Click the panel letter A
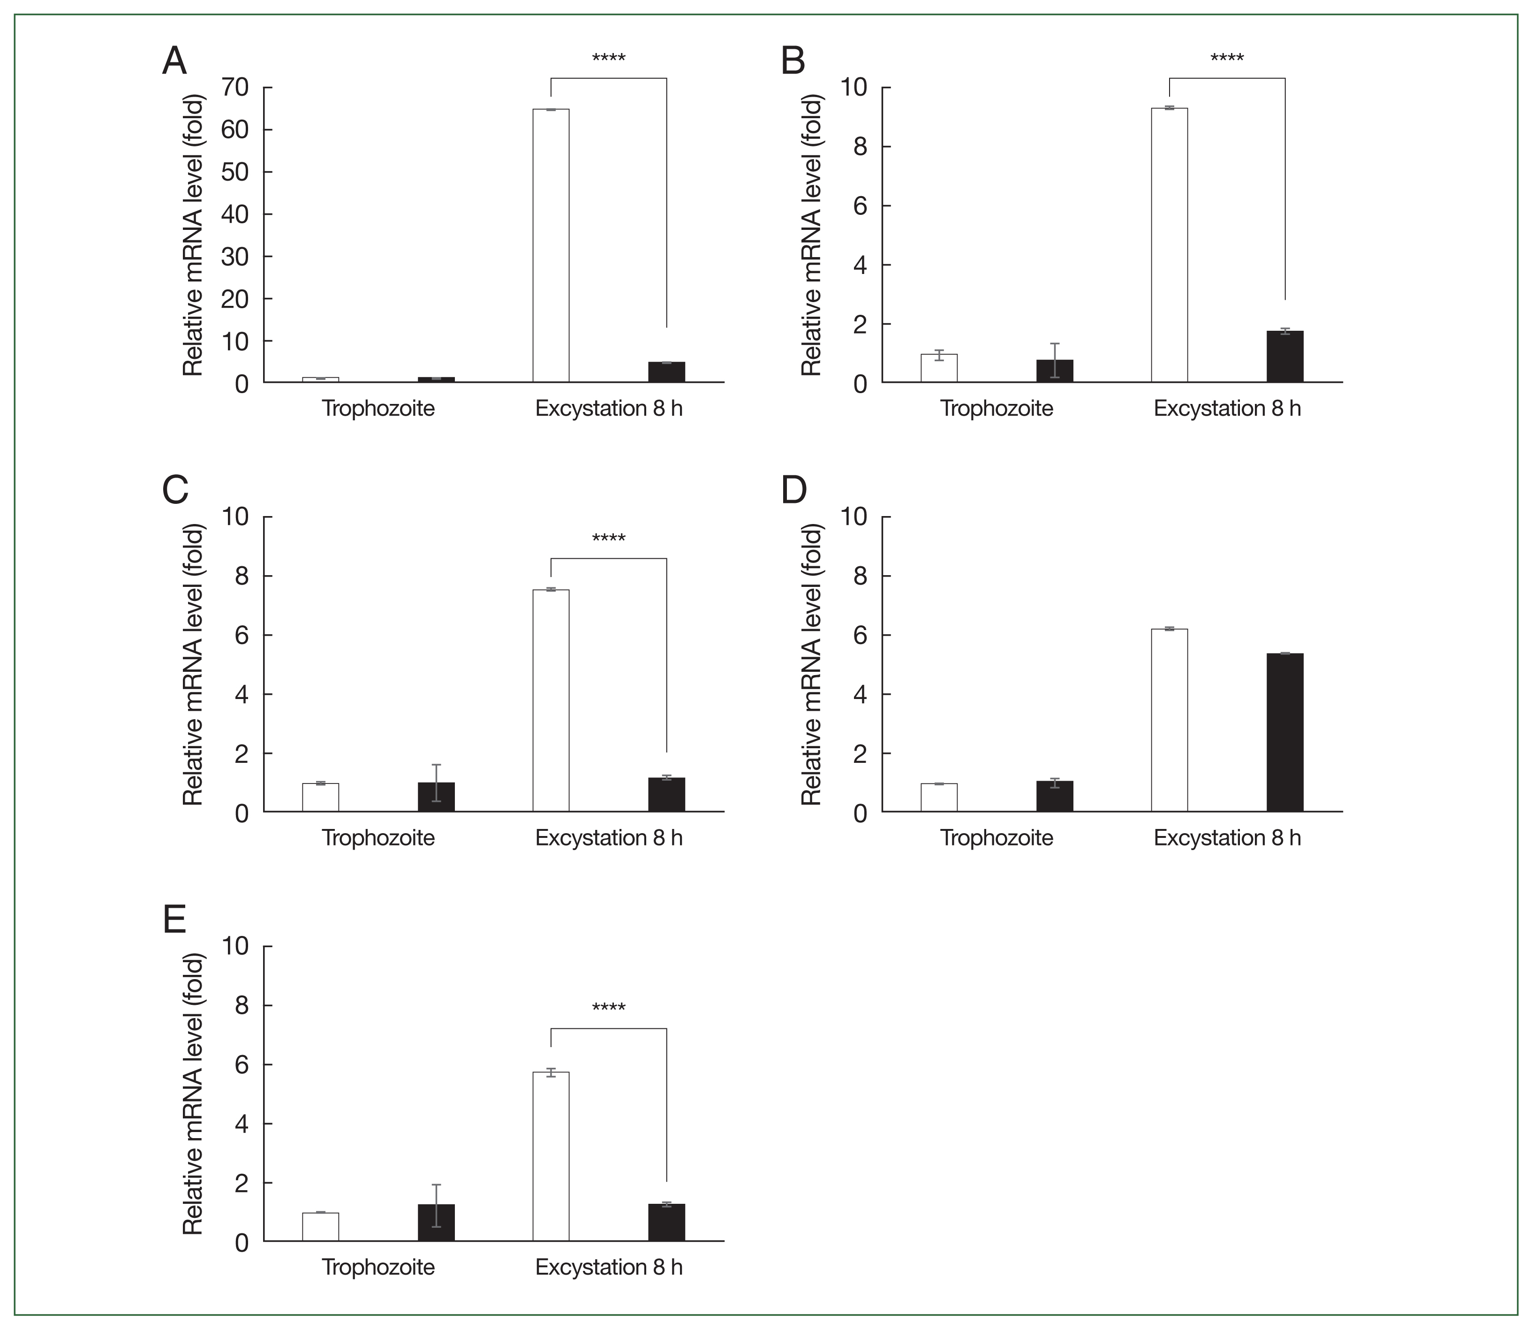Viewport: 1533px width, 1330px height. (174, 61)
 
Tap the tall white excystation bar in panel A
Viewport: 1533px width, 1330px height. (551, 245)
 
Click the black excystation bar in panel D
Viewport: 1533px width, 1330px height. (1284, 732)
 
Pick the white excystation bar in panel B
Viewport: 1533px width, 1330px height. (1169, 245)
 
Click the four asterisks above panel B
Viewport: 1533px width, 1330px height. (1227, 58)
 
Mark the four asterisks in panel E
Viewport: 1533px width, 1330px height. (608, 1008)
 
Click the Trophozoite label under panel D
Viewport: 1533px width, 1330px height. (997, 838)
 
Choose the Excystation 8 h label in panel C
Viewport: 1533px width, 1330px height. (608, 838)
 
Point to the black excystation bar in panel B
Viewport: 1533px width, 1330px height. (1284, 356)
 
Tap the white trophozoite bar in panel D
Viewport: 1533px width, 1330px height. (939, 798)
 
